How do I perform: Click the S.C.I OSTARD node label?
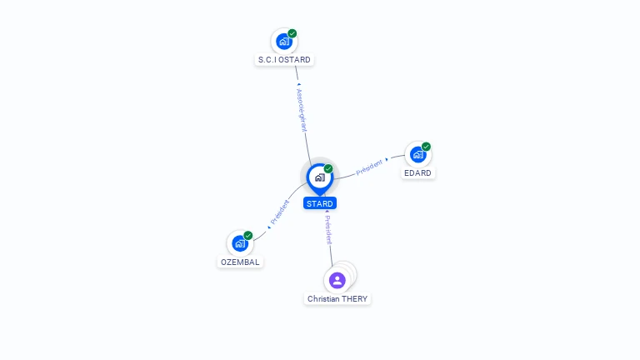click(x=284, y=60)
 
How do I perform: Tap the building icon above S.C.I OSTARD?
click(x=283, y=41)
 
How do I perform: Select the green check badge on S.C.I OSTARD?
click(x=292, y=33)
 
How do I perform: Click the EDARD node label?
click(x=417, y=173)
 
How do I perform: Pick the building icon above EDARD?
click(x=417, y=154)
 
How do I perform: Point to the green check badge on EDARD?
click(x=427, y=147)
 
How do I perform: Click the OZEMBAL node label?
click(x=240, y=262)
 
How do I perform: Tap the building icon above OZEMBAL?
click(x=240, y=243)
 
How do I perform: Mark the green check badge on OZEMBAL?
click(x=248, y=236)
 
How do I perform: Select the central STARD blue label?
click(x=319, y=203)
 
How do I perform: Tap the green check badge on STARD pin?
click(x=328, y=169)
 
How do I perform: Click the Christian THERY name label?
click(x=337, y=298)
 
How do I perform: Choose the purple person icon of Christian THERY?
click(x=337, y=280)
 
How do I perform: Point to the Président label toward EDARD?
click(x=369, y=167)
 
